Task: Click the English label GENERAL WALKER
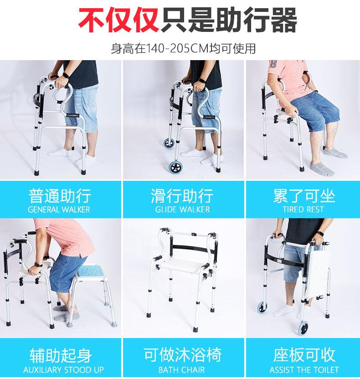(59, 210)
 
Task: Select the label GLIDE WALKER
(182, 210)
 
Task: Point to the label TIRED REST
(303, 210)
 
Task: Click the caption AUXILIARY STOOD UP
(60, 369)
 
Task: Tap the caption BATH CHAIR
(181, 369)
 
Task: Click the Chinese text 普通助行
(59, 196)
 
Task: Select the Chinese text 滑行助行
(182, 196)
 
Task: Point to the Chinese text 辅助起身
(60, 355)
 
